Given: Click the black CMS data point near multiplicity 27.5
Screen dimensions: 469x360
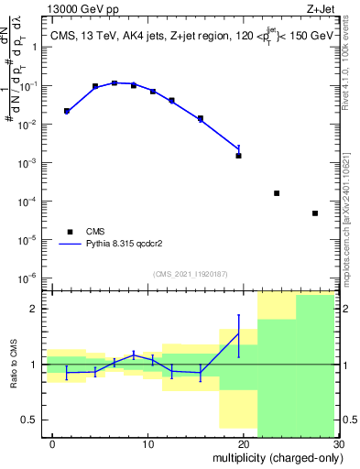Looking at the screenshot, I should [314, 213].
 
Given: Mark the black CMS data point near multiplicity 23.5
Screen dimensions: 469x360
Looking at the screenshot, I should [277, 193].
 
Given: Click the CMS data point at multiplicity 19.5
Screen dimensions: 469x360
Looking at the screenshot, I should [239, 156].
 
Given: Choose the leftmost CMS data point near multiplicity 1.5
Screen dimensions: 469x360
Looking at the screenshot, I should [67, 111].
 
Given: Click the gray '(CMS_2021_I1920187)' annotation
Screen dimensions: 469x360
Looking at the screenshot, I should [190, 273].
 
